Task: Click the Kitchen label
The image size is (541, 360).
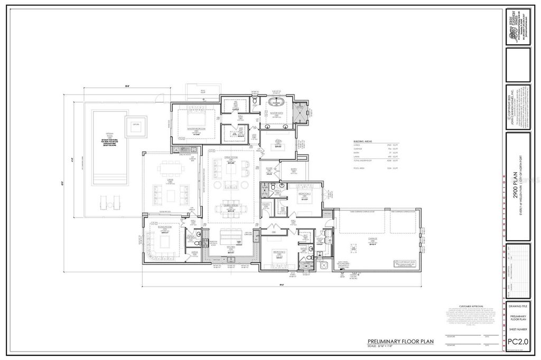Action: [231, 247]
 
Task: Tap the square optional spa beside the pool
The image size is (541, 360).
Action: [136, 125]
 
